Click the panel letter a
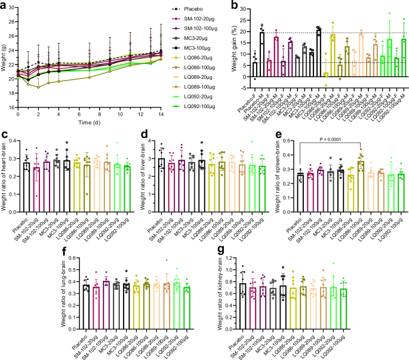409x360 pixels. (4, 5)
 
